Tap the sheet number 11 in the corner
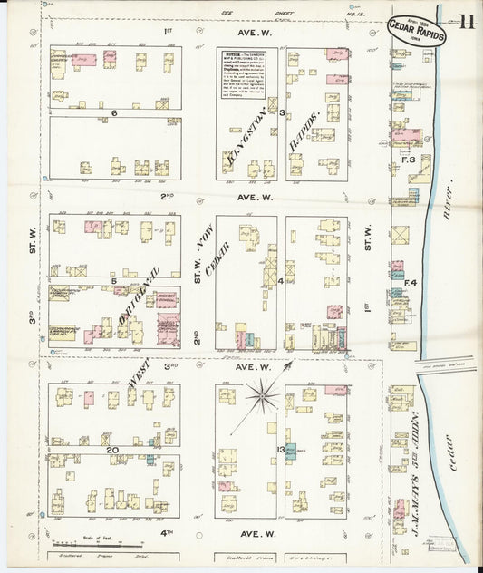pyautogui.click(x=466, y=22)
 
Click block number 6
pyautogui.click(x=114, y=113)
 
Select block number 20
pyautogui.click(x=112, y=450)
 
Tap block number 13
pyautogui.click(x=281, y=450)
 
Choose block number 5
pyautogui.click(x=114, y=281)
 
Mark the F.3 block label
pyautogui.click(x=409, y=160)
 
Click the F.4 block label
pyautogui.click(x=410, y=283)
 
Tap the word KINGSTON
pyautogui.click(x=242, y=137)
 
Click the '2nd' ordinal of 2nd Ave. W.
pyautogui.click(x=168, y=196)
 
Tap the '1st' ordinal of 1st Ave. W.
pyautogui.click(x=168, y=32)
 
